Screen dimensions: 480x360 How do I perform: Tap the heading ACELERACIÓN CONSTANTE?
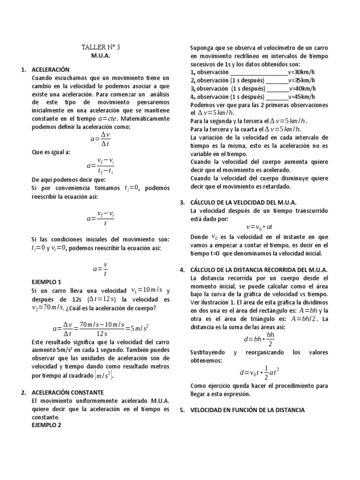tap(67, 392)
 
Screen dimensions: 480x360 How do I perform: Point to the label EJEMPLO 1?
tap(46, 282)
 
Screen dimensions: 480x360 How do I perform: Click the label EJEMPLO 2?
tap(46, 425)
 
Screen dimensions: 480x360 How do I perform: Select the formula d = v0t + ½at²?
tap(259, 373)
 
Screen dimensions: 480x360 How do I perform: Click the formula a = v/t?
tap(100, 269)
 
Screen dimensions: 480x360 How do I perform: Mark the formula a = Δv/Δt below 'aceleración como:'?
tap(100, 139)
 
